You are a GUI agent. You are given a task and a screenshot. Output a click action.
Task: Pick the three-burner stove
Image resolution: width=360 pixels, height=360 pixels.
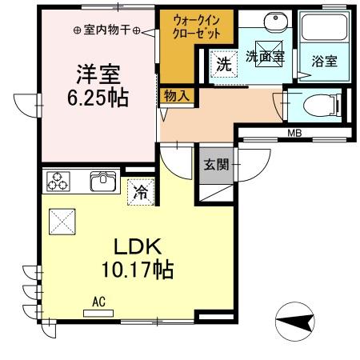coord(58,182)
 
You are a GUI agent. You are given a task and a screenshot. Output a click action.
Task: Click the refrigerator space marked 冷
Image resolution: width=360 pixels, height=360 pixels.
coord(140,191)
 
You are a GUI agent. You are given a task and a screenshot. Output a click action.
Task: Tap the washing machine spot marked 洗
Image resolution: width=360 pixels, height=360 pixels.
coord(226,63)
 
